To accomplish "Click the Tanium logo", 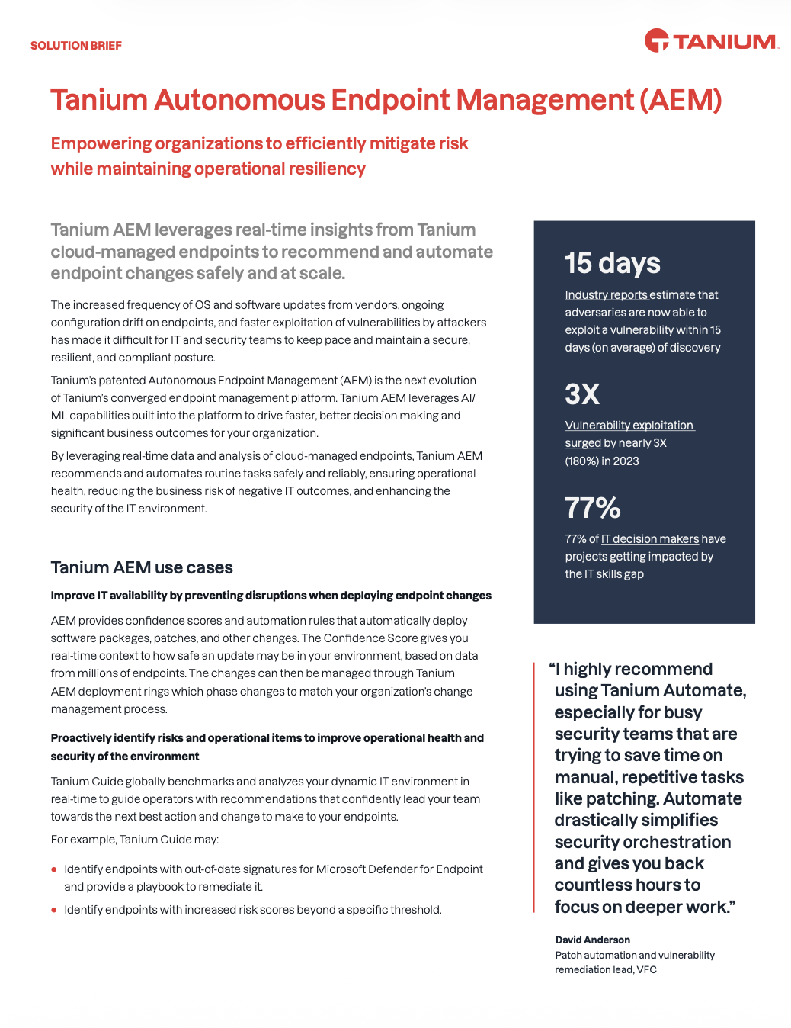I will tap(710, 41).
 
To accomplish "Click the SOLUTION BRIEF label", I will tap(76, 46).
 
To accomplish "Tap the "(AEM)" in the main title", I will tap(681, 101).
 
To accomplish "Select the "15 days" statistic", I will tap(612, 263).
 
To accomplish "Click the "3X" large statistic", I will tap(582, 394).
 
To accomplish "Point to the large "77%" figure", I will tap(592, 508).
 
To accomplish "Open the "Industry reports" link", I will tap(607, 295).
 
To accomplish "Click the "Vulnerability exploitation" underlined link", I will tap(629, 426).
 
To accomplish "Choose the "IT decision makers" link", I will tap(650, 539).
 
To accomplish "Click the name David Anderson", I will tap(592, 940).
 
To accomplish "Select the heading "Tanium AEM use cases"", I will tap(142, 567).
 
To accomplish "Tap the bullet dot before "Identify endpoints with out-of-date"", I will tap(54, 869).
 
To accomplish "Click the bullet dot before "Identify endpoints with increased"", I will tap(54, 910).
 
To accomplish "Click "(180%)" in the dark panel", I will tap(582, 461).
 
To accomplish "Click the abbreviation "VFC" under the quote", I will tap(646, 970).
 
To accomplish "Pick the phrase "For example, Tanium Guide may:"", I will tap(134, 840).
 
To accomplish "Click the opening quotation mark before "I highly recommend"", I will tap(552, 669).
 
